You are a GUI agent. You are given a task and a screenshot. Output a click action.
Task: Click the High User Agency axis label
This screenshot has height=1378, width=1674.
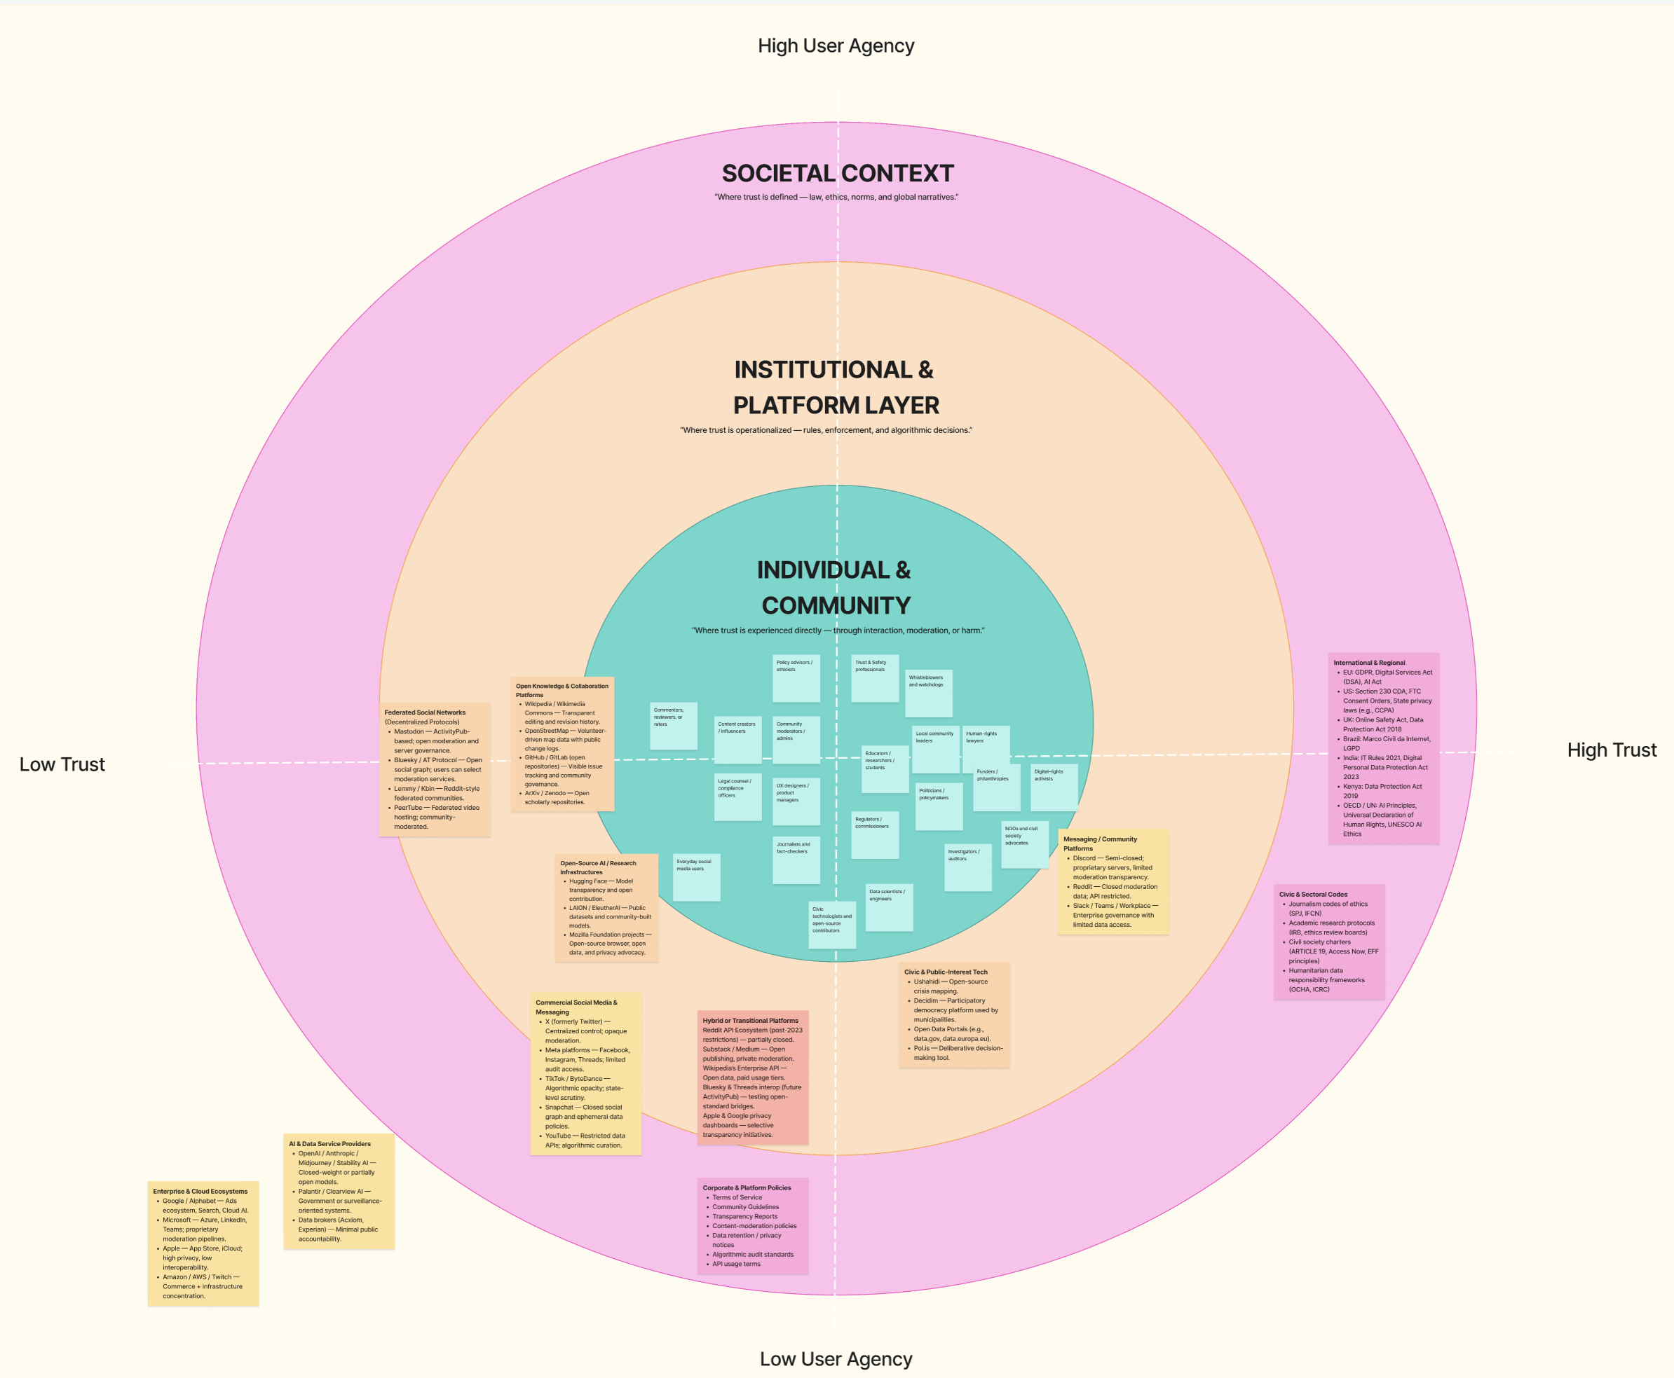(x=836, y=46)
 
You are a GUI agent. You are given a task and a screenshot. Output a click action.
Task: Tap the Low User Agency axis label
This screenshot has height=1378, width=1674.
(x=836, y=1359)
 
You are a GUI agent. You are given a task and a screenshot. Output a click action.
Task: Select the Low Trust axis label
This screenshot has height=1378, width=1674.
(x=62, y=764)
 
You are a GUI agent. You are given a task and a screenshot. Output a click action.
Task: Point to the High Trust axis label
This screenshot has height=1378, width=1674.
(x=1612, y=750)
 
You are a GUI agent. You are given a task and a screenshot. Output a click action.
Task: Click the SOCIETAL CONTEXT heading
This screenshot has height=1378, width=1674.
(x=837, y=173)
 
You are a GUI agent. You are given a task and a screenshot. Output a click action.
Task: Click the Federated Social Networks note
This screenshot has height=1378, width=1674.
(x=435, y=769)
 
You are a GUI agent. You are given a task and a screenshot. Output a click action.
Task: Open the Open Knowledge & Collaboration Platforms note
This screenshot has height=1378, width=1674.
(x=562, y=744)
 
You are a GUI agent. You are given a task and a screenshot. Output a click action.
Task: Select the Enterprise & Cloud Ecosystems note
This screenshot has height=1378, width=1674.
(x=203, y=1243)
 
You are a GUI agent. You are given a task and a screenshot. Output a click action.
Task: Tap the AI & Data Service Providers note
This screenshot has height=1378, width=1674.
(x=339, y=1191)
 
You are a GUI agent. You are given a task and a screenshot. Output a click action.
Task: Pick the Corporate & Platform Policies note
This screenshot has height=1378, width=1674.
(x=752, y=1225)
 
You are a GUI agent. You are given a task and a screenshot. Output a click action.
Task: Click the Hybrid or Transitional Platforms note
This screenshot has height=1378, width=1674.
(x=752, y=1077)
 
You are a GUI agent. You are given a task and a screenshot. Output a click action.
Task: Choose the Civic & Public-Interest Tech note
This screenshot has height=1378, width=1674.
(x=954, y=1014)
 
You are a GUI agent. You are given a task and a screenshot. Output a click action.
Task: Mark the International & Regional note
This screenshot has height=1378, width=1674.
(x=1383, y=747)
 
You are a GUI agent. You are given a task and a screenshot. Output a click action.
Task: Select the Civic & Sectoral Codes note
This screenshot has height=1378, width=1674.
(x=1328, y=942)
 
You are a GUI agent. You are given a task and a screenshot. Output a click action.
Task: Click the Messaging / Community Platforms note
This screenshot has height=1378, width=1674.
(x=1112, y=881)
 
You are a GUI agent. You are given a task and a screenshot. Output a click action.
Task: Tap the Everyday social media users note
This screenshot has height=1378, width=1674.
(x=696, y=877)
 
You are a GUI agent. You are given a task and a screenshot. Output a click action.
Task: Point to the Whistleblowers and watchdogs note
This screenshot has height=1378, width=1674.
(x=928, y=693)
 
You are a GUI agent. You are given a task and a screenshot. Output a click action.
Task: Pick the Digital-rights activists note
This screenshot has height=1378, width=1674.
(x=1054, y=787)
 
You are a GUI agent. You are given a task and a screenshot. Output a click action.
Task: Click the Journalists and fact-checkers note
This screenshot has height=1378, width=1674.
(x=796, y=860)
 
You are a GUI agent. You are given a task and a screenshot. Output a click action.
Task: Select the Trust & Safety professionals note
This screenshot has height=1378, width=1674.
(x=874, y=678)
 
